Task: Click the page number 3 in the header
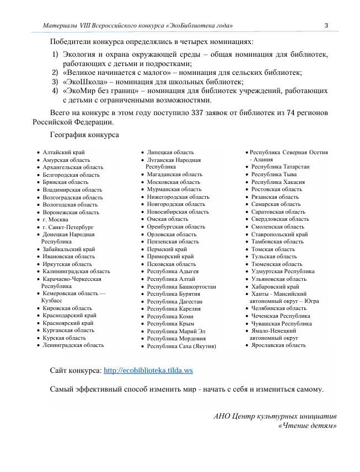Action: click(x=326, y=26)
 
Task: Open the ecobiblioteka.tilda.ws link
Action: click(x=148, y=371)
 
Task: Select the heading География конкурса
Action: click(x=84, y=134)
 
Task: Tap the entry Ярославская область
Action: click(x=278, y=345)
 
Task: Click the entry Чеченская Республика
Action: click(x=281, y=316)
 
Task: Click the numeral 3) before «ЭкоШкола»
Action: click(x=55, y=82)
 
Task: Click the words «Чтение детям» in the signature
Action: click(x=308, y=425)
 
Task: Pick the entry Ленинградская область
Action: click(x=73, y=345)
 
